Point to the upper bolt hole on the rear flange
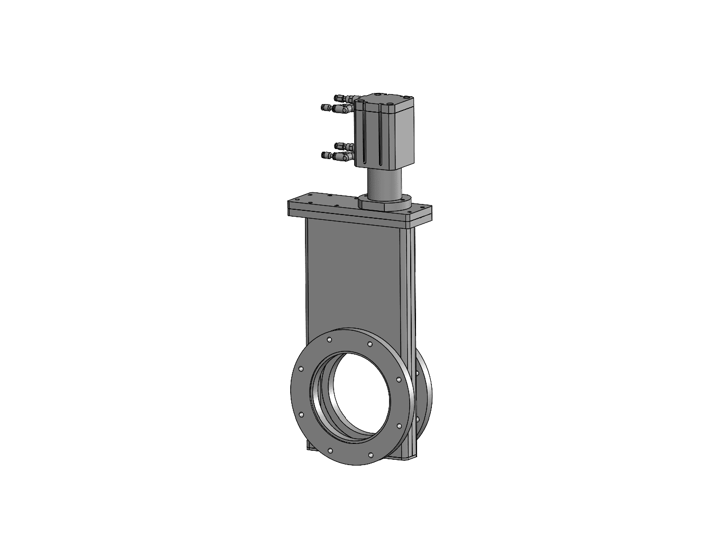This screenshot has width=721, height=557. pyautogui.click(x=417, y=373)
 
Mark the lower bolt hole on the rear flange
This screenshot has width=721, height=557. pyautogui.click(x=418, y=419)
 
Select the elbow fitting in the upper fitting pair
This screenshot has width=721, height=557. pyautogui.click(x=345, y=109)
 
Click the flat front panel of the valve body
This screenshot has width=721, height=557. pyautogui.click(x=354, y=275)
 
